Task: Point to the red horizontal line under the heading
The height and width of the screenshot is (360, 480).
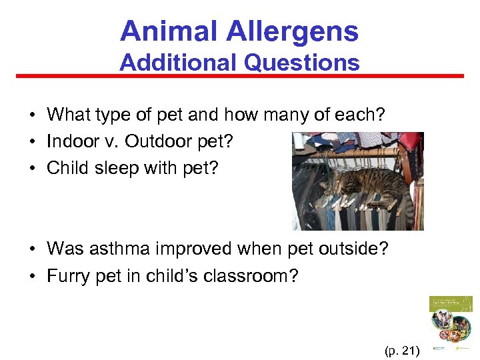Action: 240,76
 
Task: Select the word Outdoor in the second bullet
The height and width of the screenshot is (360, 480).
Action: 162,141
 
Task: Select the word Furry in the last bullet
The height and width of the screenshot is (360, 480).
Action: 66,275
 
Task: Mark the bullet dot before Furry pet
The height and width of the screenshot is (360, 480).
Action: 32,276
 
